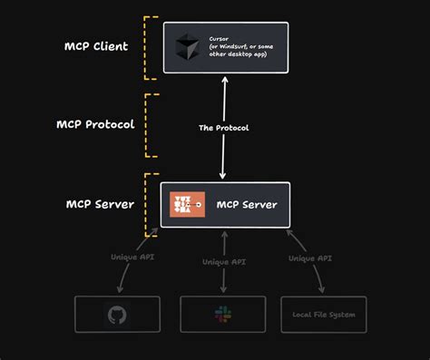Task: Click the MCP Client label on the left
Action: point(96,47)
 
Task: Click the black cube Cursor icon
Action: point(186,47)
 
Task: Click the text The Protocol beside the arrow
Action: point(223,128)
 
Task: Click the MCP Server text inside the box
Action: point(247,205)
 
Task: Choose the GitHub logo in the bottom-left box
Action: point(117,314)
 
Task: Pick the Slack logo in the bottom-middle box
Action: point(222,314)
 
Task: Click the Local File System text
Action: point(324,315)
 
